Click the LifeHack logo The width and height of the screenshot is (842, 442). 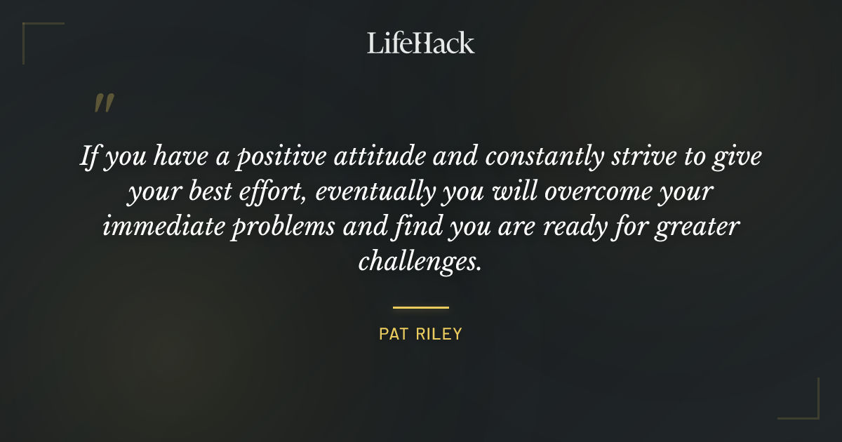point(421,43)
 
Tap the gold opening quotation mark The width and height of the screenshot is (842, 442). point(104,104)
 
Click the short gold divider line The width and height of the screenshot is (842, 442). point(421,307)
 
